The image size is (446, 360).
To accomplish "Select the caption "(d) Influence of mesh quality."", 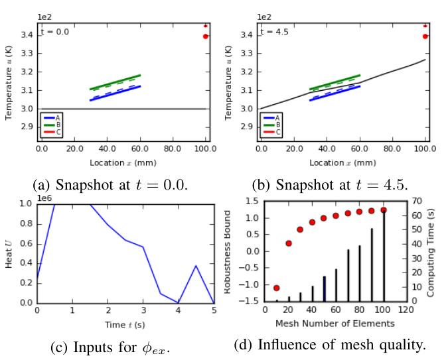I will point(330,345).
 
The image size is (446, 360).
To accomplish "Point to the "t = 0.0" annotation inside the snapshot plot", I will point(54,31).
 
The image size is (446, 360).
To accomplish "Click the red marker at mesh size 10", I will point(276,288).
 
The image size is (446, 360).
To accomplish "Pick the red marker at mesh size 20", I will point(288,243).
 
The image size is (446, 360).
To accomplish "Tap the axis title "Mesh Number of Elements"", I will point(335,324).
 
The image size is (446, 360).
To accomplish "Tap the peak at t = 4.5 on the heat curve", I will point(196,266).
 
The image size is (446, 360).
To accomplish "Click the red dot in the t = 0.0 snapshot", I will point(206,36).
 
